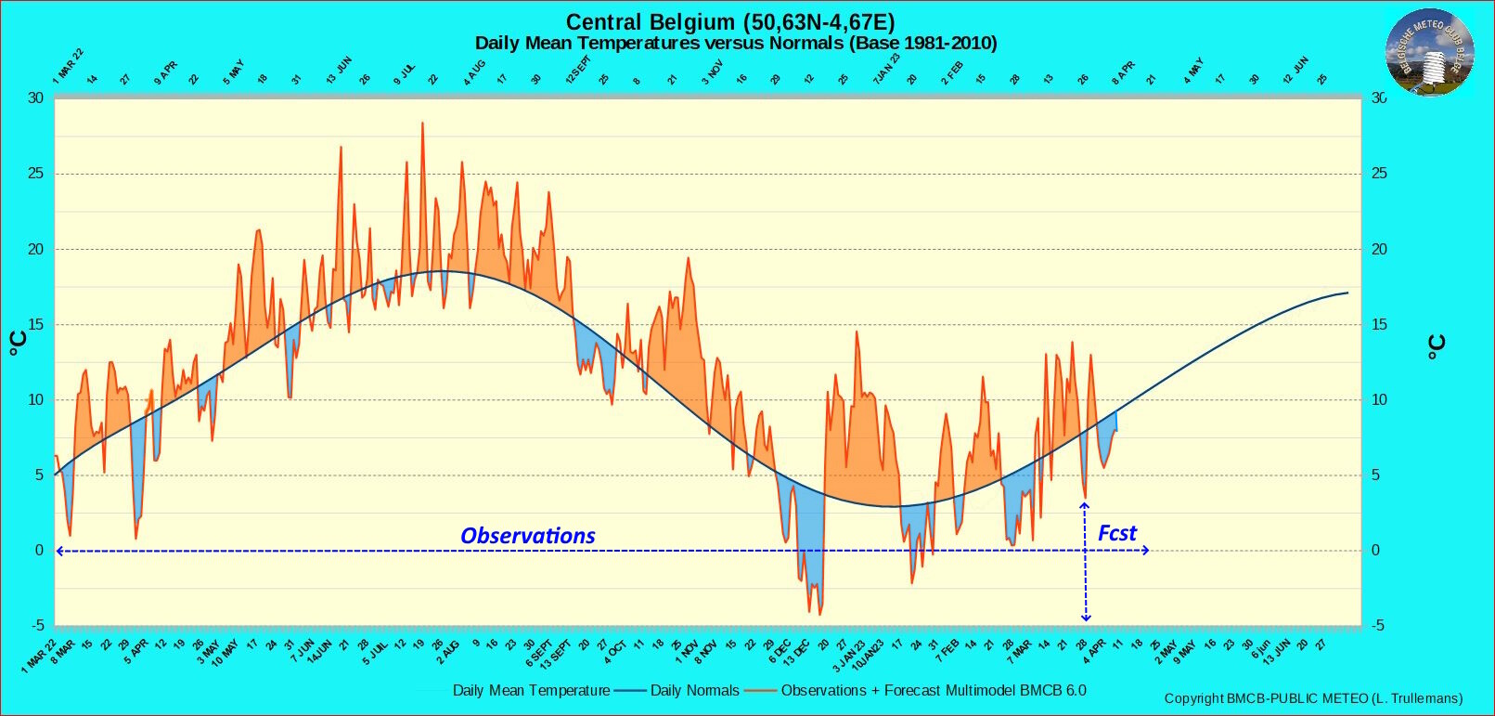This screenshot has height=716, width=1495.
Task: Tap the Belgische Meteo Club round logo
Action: (1429, 52)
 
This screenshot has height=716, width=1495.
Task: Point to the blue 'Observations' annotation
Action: (528, 536)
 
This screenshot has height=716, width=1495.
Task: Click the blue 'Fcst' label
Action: (1116, 533)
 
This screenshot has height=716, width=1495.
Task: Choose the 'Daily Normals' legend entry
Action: (694, 690)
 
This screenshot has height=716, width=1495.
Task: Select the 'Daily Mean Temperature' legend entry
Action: (531, 690)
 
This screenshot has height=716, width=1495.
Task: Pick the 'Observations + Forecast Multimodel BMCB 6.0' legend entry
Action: (933, 690)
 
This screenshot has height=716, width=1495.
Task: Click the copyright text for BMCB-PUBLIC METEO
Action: (1313, 698)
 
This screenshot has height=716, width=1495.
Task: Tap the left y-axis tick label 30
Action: (35, 98)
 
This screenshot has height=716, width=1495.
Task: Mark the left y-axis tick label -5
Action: (36, 626)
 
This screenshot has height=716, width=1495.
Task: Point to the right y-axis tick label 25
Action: (1380, 174)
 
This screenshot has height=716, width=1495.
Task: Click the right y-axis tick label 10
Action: (1380, 400)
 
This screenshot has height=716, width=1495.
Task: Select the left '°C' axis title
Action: (18, 344)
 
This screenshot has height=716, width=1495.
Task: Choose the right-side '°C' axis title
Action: (1436, 347)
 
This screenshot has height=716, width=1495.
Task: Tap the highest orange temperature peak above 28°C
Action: (422, 124)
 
